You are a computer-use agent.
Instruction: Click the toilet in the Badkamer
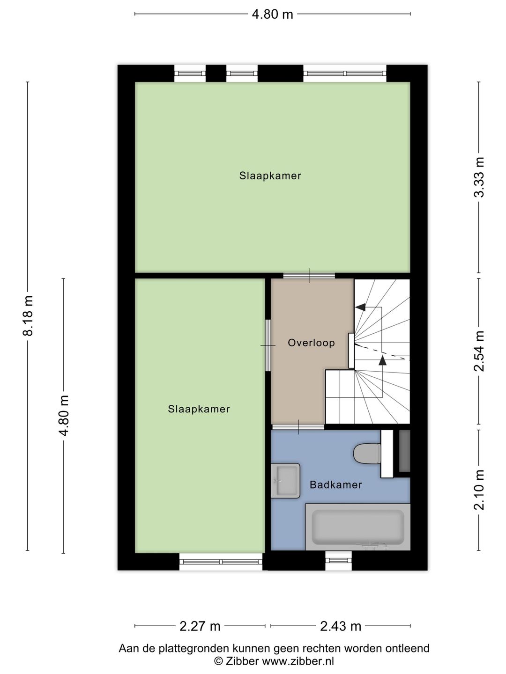tap(366, 454)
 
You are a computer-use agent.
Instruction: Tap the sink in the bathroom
tap(285, 480)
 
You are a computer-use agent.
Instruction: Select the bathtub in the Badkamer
tap(358, 527)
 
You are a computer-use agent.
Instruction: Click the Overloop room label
tap(311, 343)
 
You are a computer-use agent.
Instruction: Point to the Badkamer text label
tap(335, 484)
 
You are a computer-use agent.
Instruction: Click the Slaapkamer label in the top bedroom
tap(270, 176)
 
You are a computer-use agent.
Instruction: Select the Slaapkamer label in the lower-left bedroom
tap(199, 409)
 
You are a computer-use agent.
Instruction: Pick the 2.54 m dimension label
tap(479, 351)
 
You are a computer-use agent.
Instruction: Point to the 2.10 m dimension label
tap(479, 490)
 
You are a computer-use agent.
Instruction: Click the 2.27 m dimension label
tap(200, 626)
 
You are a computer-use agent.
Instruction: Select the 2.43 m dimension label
tap(341, 626)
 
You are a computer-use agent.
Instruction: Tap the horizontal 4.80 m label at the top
tap(272, 14)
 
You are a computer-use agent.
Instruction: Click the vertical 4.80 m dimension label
tap(64, 415)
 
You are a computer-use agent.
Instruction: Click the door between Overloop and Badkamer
tap(298, 427)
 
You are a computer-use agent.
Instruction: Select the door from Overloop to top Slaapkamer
tap(309, 276)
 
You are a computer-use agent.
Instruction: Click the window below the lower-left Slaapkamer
tap(221, 561)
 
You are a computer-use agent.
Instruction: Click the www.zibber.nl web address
tap(298, 661)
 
